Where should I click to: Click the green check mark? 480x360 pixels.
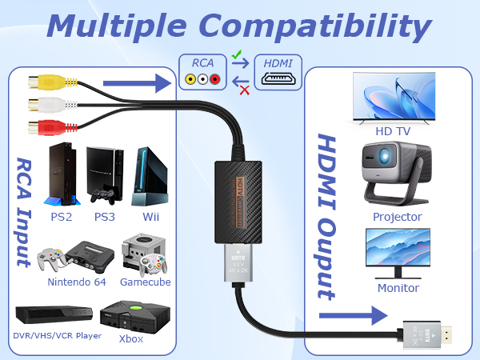click(x=237, y=55)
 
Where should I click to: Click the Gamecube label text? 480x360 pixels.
click(x=146, y=282)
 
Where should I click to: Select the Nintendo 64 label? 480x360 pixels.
click(x=78, y=282)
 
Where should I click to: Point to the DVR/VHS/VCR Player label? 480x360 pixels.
click(x=57, y=335)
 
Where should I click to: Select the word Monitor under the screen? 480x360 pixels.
click(x=398, y=288)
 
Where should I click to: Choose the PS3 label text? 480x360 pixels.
click(x=105, y=216)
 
